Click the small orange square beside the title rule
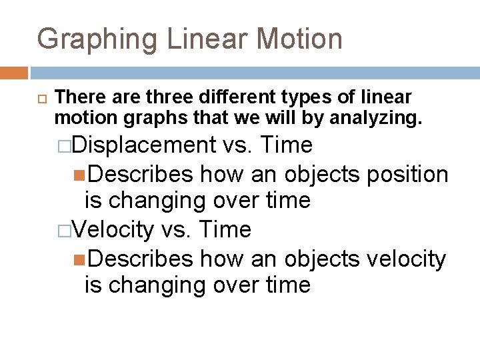tap(14, 72)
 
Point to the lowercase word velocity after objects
tap(405, 258)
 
